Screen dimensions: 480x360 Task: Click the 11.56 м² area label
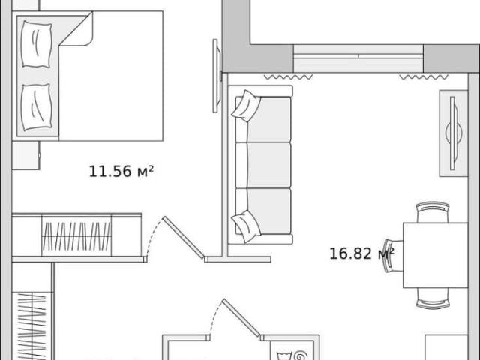click(121, 172)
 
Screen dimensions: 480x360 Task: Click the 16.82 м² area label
click(361, 253)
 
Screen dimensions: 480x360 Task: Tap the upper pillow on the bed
click(36, 44)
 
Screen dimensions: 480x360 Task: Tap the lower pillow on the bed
click(36, 107)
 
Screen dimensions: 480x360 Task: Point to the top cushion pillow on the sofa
click(246, 106)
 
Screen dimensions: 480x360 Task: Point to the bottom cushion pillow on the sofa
click(246, 226)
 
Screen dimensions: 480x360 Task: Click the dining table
click(435, 255)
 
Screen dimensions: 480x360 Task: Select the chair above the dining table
click(433, 211)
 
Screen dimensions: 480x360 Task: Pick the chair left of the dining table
click(393, 256)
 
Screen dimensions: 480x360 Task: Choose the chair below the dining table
click(433, 298)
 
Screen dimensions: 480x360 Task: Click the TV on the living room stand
click(454, 133)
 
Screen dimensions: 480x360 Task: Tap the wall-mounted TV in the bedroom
click(217, 76)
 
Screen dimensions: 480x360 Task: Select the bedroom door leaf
click(184, 238)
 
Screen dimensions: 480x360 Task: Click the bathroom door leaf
click(241, 318)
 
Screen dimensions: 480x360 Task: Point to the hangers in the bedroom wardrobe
click(76, 236)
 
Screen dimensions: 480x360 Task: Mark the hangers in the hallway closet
click(31, 326)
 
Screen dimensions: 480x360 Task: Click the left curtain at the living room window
click(288, 76)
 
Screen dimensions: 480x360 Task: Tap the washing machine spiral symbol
click(300, 355)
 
